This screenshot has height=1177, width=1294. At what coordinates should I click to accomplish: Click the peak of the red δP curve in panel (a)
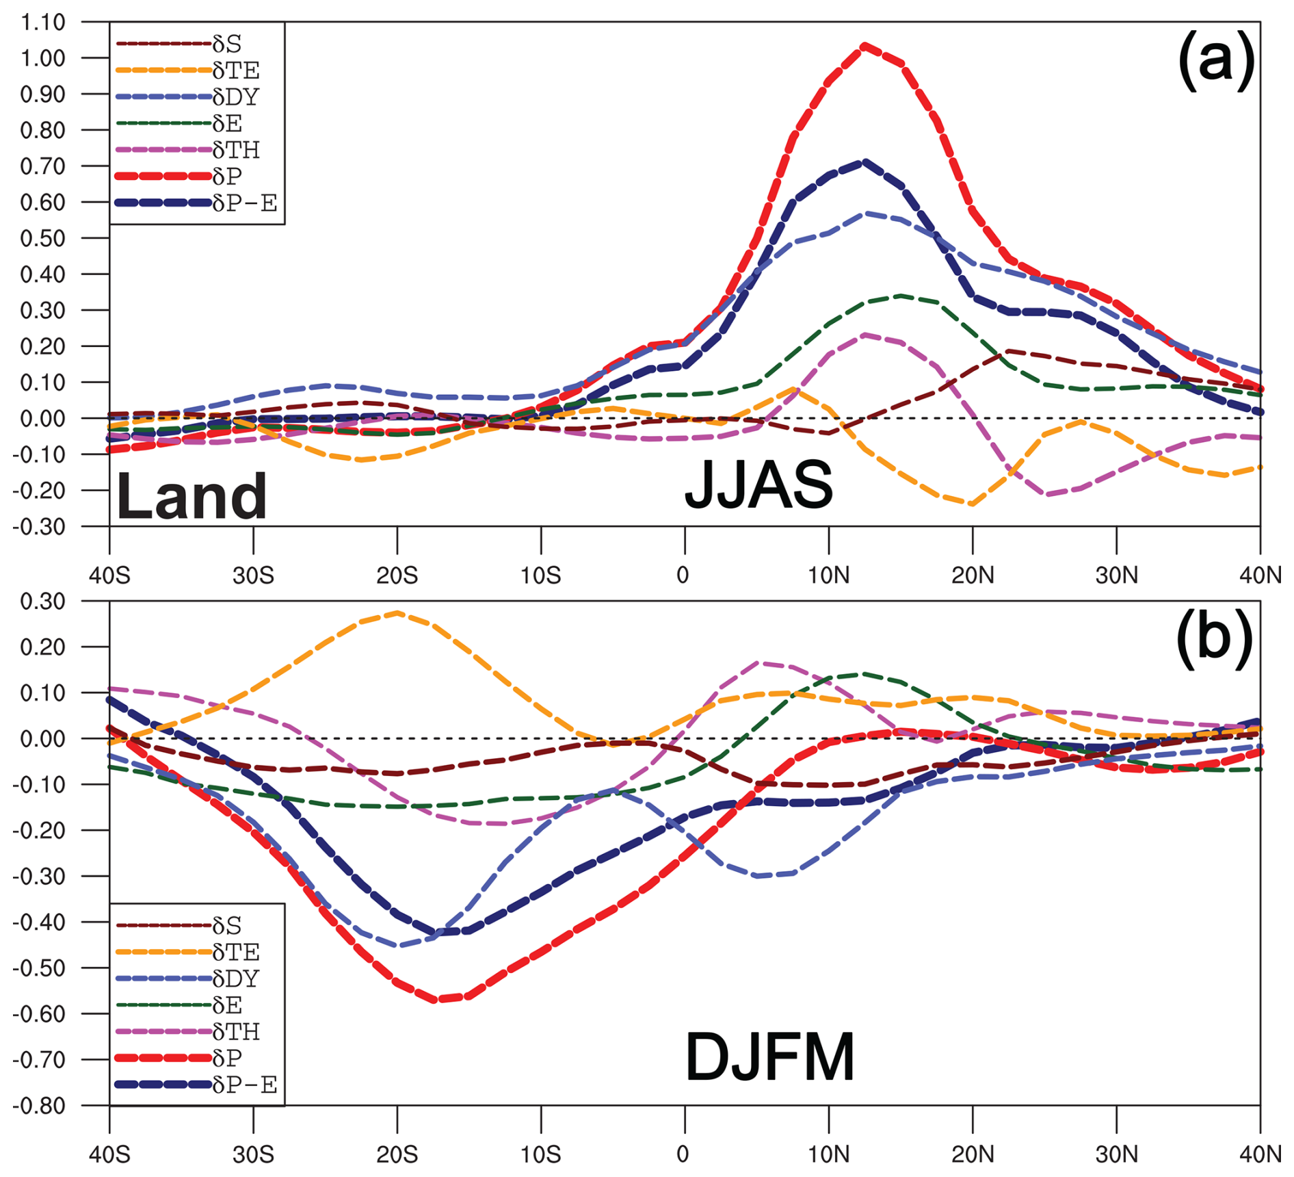tap(864, 47)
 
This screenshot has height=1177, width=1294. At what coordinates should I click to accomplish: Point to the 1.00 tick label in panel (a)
tap(42, 58)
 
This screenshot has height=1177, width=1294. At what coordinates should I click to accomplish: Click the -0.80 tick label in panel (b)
tap(40, 1106)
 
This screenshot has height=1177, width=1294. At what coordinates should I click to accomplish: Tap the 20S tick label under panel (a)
tap(397, 575)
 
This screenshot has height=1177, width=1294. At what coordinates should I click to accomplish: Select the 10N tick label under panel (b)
tap(828, 1154)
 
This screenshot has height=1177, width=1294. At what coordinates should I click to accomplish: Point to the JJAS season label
tap(758, 484)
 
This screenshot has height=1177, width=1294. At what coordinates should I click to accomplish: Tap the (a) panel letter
tap(1215, 60)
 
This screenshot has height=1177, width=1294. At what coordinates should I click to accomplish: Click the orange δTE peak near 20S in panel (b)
tap(398, 612)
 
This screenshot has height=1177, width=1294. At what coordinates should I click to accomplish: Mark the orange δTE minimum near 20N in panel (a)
tap(972, 504)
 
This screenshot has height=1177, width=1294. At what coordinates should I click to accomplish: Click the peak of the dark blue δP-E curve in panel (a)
tap(864, 162)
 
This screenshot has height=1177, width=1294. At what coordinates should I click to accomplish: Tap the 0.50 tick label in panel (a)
tap(42, 238)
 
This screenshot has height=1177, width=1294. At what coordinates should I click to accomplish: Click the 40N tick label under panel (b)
tap(1260, 1154)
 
